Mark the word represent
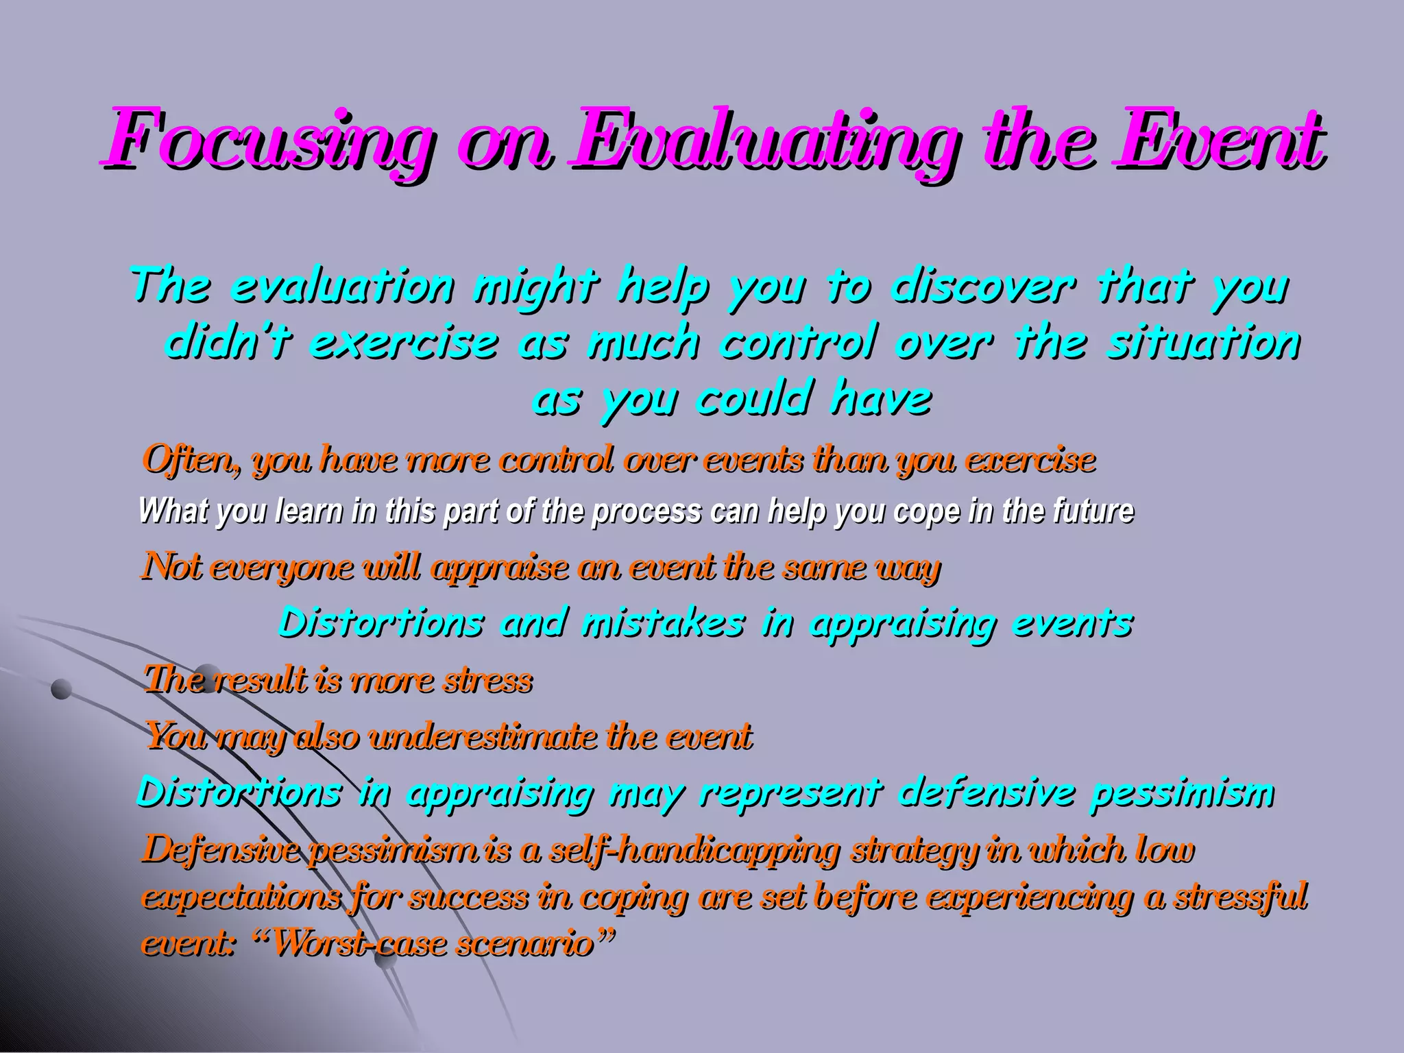789,794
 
